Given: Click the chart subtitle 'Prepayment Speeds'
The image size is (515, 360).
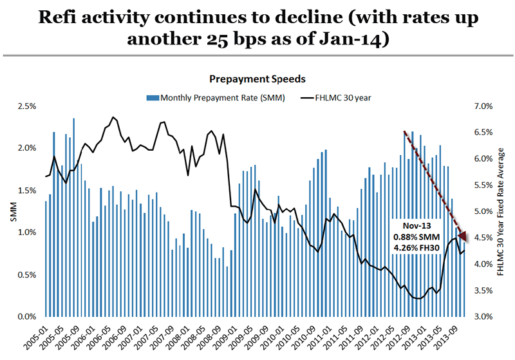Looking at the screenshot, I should click(x=257, y=78).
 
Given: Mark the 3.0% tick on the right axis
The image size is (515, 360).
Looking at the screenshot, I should click(x=483, y=317).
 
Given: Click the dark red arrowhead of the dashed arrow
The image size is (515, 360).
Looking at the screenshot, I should click(x=464, y=236).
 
